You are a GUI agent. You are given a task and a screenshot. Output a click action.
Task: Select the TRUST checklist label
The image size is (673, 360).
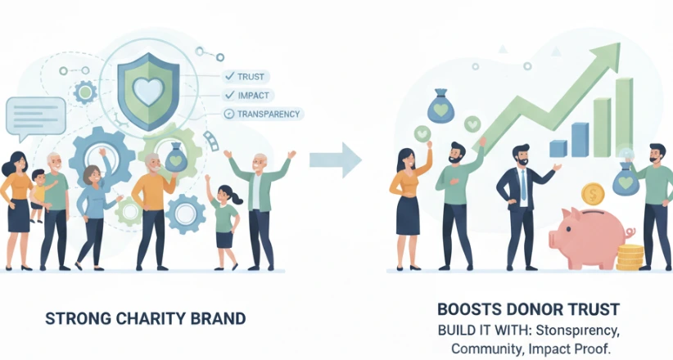point(251,75)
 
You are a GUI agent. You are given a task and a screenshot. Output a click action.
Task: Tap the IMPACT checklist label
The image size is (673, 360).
point(254,95)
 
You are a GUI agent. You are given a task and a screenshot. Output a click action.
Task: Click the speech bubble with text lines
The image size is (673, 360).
point(35,115)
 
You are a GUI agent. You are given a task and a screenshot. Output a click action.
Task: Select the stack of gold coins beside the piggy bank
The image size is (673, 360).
point(630,256)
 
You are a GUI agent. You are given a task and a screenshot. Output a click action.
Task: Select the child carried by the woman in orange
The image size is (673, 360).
point(37,193)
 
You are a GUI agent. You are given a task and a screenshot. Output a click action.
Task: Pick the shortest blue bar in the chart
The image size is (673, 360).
point(558,148)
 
